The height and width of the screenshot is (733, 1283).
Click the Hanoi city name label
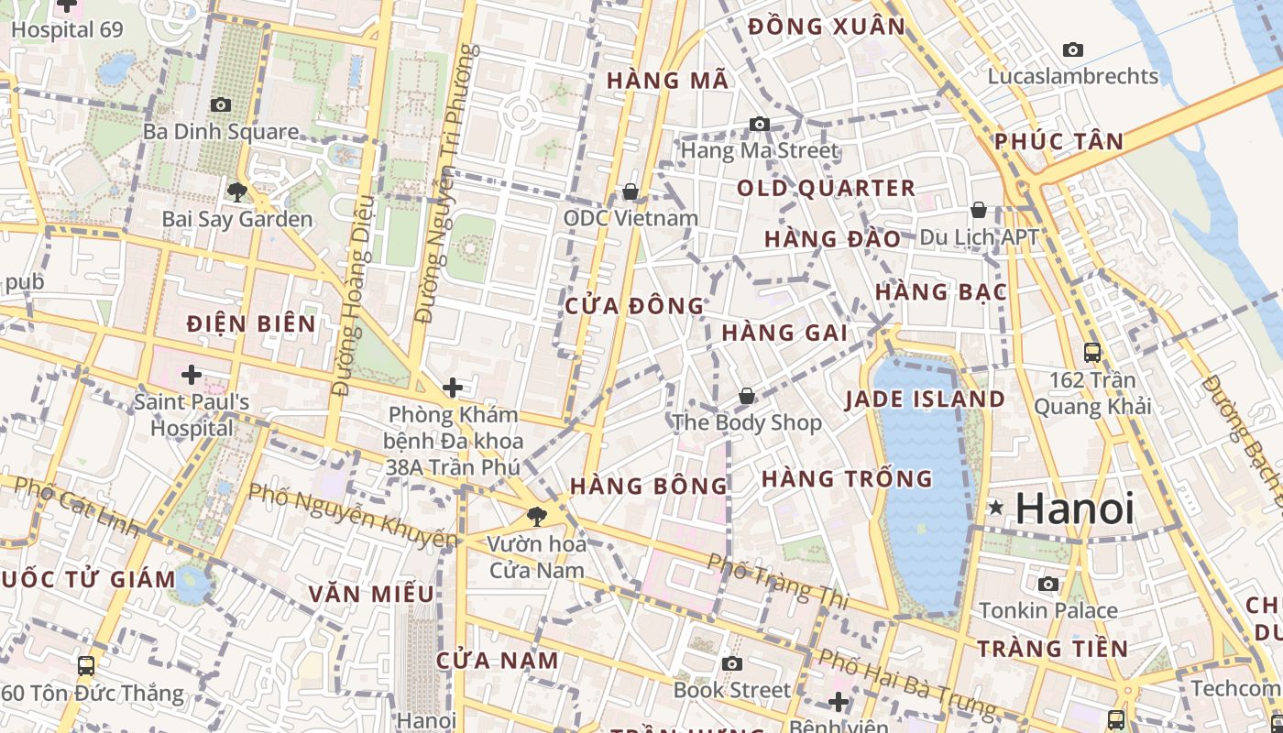[x=1074, y=509]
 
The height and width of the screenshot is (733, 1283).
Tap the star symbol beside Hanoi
[x=996, y=507]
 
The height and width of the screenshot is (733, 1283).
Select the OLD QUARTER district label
[x=827, y=189]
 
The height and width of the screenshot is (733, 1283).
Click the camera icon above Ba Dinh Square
[x=221, y=104]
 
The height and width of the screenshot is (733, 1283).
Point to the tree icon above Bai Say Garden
[x=237, y=191]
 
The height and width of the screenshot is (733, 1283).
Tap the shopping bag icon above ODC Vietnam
[x=631, y=191]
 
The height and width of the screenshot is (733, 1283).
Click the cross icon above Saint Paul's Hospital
[x=192, y=375]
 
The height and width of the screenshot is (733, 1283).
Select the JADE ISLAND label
[x=925, y=399]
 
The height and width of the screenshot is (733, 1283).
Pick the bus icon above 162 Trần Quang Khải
[x=1092, y=352]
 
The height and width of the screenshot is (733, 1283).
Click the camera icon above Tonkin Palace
[x=1048, y=584]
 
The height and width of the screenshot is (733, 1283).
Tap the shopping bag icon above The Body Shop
[x=747, y=396]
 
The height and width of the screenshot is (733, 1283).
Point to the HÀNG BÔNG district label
[x=648, y=486]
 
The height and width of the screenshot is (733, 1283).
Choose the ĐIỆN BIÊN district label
[x=251, y=324]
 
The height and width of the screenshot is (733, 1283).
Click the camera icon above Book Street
[x=731, y=663]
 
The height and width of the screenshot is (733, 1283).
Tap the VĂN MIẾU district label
[x=371, y=594]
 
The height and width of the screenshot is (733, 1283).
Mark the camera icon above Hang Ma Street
[x=760, y=124]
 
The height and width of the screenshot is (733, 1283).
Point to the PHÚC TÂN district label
[x=1058, y=142]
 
